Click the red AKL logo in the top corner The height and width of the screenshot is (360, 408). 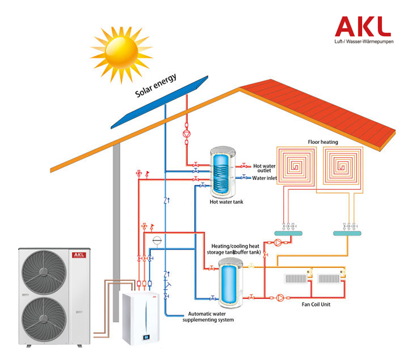pyautogui.click(x=363, y=27)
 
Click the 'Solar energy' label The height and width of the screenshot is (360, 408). pyautogui.click(x=156, y=85)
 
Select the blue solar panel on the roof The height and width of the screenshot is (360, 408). pyautogui.click(x=160, y=102)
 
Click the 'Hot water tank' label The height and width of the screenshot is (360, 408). pyautogui.click(x=226, y=202)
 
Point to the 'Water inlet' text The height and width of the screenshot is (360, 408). pyautogui.click(x=265, y=178)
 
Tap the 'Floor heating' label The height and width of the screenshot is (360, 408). pyautogui.click(x=323, y=142)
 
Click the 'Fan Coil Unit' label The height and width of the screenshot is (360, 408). pyautogui.click(x=316, y=304)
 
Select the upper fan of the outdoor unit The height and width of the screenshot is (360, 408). pyautogui.click(x=44, y=272)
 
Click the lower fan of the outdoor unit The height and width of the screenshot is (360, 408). pyautogui.click(x=44, y=319)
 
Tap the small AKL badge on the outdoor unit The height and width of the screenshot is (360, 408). pyautogui.click(x=79, y=255)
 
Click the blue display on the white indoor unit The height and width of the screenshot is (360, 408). pyautogui.click(x=146, y=337)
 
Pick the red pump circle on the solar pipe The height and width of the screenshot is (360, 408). pyautogui.click(x=187, y=134)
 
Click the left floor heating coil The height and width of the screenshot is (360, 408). pyautogui.click(x=296, y=165)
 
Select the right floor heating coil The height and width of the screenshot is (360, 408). pyautogui.click(x=342, y=165)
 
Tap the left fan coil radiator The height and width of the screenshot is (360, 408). pyautogui.click(x=296, y=278)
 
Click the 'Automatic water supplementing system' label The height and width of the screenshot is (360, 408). pyautogui.click(x=208, y=317)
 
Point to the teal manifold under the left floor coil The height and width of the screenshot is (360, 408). pyautogui.click(x=289, y=234)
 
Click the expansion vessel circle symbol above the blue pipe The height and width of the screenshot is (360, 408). pyautogui.click(x=157, y=241)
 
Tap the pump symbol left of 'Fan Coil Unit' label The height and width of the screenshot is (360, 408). pyautogui.click(x=280, y=298)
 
